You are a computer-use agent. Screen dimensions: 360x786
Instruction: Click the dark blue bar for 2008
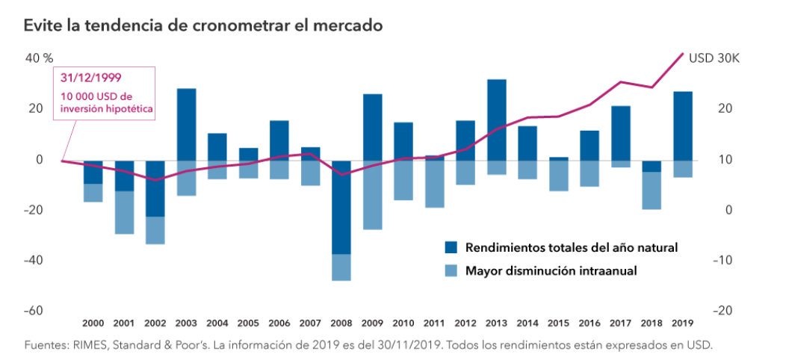pyautogui.click(x=341, y=207)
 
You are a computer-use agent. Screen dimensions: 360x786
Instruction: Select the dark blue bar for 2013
pyautogui.click(x=496, y=120)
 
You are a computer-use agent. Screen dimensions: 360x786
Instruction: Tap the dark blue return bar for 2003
pyautogui.click(x=186, y=124)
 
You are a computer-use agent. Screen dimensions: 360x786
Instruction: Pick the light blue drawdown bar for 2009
pyautogui.click(x=372, y=195)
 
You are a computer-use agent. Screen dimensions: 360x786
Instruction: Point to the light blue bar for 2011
pyautogui.click(x=434, y=184)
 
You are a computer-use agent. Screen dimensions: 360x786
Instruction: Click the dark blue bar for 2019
pyautogui.click(x=682, y=125)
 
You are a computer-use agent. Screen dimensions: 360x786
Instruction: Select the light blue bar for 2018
pyautogui.click(x=652, y=190)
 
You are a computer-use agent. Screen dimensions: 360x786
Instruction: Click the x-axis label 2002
pyautogui.click(x=155, y=323)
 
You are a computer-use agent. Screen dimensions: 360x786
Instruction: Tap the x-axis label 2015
pyautogui.click(x=558, y=323)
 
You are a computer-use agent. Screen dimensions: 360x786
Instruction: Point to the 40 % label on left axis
pyautogui.click(x=39, y=58)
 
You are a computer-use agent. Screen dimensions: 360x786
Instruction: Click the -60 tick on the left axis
pyautogui.click(x=34, y=311)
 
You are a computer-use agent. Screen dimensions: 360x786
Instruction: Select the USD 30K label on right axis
pyautogui.click(x=714, y=58)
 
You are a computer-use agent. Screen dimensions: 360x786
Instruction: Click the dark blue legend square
pyautogui.click(x=450, y=247)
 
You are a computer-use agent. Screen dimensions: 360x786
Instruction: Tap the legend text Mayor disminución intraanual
pyautogui.click(x=551, y=271)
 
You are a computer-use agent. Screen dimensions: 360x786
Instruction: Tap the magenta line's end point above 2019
pyautogui.click(x=682, y=54)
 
